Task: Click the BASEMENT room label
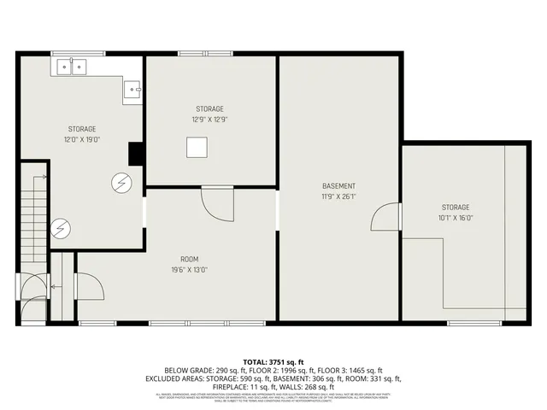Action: point(338,186)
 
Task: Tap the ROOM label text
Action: point(189,259)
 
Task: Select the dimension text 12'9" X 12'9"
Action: point(210,120)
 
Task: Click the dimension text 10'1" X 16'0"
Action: point(456,217)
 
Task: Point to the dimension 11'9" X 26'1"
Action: point(338,196)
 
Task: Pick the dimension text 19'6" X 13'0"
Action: point(189,270)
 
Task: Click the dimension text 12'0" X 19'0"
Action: point(82,139)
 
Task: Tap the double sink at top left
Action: point(73,66)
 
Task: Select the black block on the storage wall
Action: point(135,154)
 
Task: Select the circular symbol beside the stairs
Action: point(60,228)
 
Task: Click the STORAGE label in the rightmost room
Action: point(456,207)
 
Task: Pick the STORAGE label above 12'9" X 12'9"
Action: point(210,108)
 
